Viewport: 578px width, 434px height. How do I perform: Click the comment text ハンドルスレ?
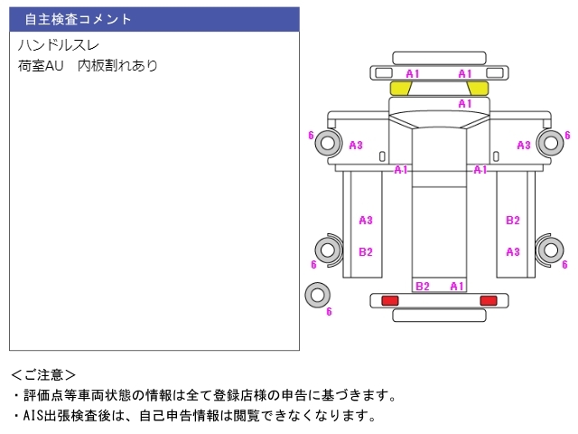[x=59, y=45]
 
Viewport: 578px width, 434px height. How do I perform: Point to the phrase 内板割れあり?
[x=117, y=66]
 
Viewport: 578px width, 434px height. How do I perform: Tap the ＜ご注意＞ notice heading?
[x=43, y=374]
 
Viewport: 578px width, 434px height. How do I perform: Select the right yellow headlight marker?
[x=478, y=88]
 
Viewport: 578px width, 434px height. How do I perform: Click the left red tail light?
[x=390, y=300]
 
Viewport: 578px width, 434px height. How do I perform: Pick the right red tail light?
[x=489, y=300]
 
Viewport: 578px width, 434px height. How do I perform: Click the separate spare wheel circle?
[x=317, y=294]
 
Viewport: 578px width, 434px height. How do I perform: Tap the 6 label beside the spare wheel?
[x=330, y=312]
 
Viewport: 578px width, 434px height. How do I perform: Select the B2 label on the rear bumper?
[x=422, y=287]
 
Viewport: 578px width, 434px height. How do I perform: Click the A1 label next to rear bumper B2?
[x=457, y=287]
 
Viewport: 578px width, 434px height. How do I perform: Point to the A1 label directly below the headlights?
[x=465, y=104]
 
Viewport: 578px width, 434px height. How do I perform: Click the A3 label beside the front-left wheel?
[x=356, y=146]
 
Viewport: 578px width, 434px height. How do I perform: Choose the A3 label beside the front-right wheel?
[x=524, y=146]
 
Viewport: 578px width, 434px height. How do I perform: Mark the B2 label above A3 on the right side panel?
[x=512, y=220]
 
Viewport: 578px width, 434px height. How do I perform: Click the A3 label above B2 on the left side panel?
[x=366, y=220]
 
